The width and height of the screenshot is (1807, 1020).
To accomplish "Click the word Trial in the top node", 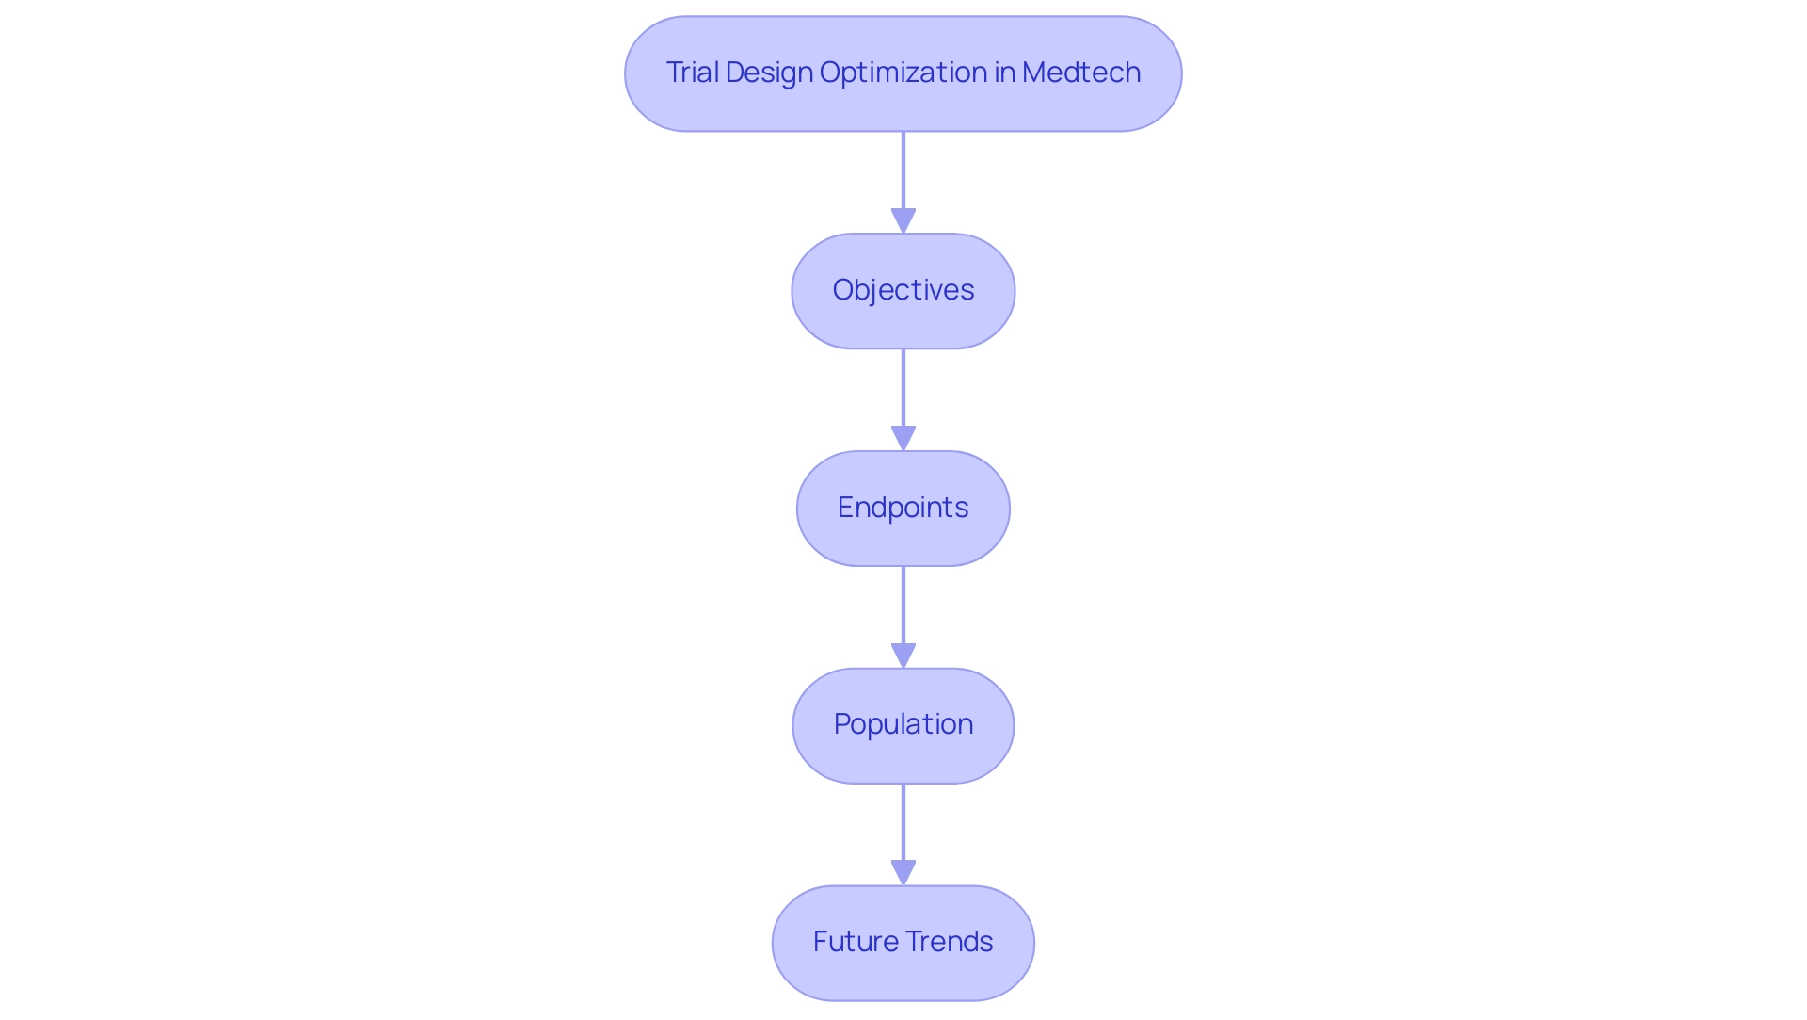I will click(692, 73).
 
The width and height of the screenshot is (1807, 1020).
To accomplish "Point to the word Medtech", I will click(1081, 73).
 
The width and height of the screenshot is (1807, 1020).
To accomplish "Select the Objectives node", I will click(903, 291).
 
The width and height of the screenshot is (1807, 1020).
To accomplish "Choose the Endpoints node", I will click(903, 509).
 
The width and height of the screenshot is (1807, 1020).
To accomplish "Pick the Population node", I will click(903, 725).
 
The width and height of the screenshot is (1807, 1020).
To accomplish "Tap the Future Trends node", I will click(903, 943).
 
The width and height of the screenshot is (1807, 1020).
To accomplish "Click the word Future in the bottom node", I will click(856, 942).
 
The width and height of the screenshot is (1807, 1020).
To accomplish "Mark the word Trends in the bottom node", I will click(949, 942).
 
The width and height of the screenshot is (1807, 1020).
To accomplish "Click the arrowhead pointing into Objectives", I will click(903, 222).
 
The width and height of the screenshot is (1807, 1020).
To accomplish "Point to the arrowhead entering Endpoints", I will click(903, 439).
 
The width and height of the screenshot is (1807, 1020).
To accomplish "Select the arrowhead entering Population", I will click(903, 656).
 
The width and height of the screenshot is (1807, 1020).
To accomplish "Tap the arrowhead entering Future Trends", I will click(903, 873).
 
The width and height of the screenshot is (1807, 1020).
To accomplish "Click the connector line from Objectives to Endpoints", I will click(903, 386).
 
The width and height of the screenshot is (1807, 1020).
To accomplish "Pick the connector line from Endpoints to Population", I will click(903, 604).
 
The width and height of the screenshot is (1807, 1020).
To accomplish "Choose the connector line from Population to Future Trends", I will click(903, 820).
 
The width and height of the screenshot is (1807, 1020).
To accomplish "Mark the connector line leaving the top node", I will click(903, 170).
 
